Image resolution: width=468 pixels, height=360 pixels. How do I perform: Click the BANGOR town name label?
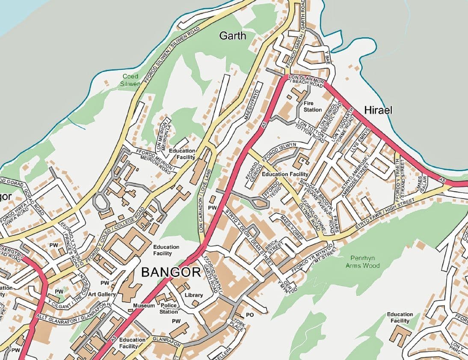click(171, 272)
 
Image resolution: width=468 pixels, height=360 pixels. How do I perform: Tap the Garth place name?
click(233, 36)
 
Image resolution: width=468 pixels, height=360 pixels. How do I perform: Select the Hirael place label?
click(378, 110)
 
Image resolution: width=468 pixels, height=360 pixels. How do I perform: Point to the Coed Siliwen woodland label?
click(130, 80)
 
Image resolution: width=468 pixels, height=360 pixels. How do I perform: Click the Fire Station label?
click(312, 107)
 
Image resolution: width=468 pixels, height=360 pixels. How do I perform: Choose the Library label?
click(194, 295)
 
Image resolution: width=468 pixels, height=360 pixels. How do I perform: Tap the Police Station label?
click(169, 309)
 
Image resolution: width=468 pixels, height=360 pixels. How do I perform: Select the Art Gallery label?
click(102, 295)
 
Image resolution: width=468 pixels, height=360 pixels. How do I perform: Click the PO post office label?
click(250, 315)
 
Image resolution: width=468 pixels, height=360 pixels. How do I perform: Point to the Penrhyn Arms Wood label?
click(363, 262)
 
